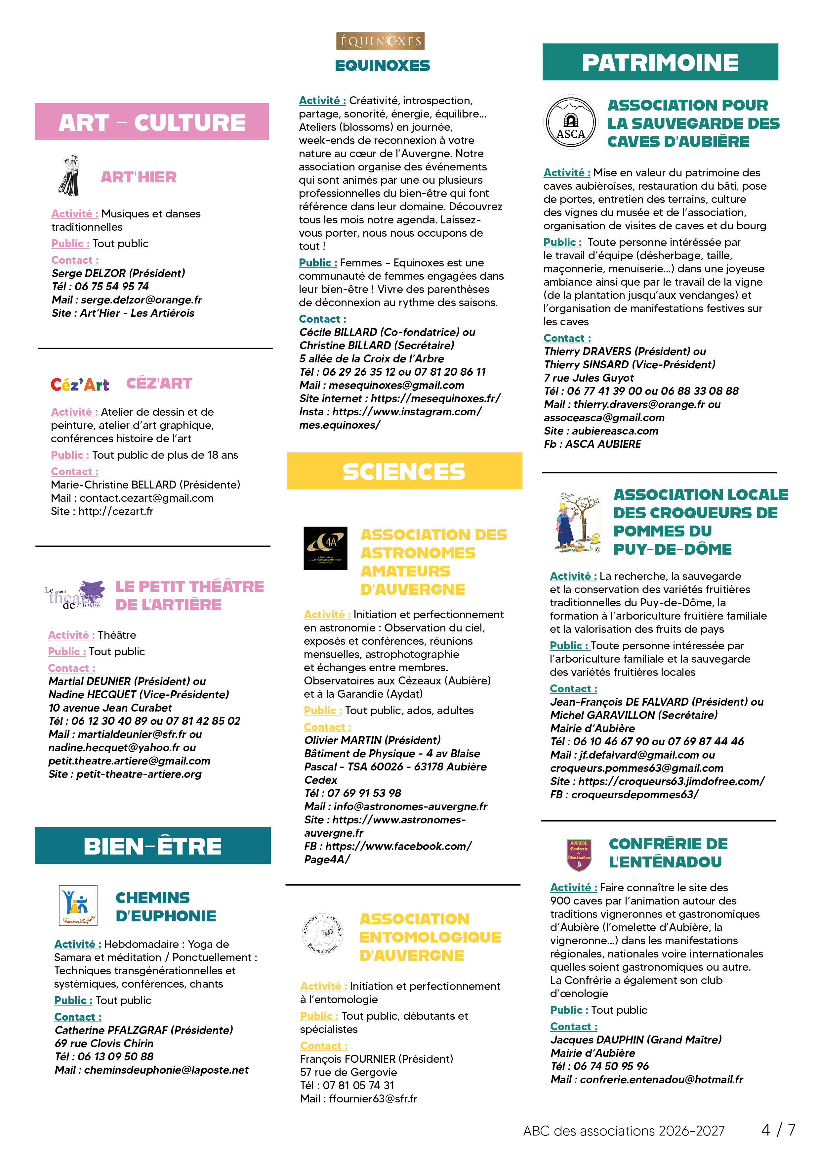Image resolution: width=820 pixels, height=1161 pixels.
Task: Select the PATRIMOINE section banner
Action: [x=660, y=62]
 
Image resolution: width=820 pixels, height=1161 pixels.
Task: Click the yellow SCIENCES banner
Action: [x=404, y=471]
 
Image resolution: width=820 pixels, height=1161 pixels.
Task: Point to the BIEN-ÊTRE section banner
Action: [x=152, y=846]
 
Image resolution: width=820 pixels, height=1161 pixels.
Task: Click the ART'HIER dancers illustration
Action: [x=70, y=175]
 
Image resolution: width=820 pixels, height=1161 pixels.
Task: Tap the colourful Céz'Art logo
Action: [x=80, y=385]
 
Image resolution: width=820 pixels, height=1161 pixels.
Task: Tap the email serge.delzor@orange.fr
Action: [x=142, y=300]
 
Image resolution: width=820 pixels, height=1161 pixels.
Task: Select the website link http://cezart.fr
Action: [x=116, y=511]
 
